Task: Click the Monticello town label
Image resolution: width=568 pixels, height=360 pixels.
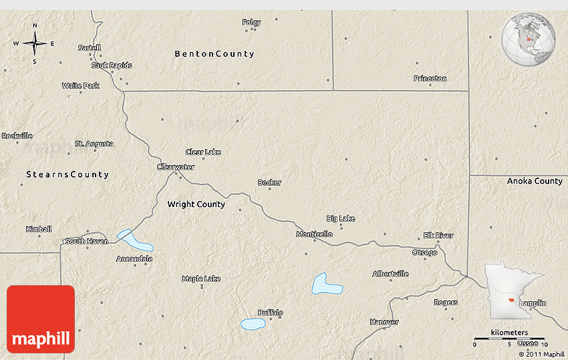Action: click(314, 234)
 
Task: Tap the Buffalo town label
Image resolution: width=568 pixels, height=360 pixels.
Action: click(271, 313)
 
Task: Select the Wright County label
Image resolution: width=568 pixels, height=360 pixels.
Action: click(196, 204)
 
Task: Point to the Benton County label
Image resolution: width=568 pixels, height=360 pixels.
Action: click(215, 53)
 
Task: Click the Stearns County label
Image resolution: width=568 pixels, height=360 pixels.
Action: click(67, 174)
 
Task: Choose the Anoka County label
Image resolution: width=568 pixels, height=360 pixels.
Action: click(535, 181)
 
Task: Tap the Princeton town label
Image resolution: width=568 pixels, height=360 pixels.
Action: click(430, 78)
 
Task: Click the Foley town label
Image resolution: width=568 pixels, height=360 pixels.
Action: click(251, 22)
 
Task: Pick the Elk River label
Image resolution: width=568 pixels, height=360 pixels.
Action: click(438, 235)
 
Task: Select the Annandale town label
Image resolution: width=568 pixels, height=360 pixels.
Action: click(134, 258)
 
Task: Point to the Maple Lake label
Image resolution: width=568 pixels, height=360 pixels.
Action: click(201, 279)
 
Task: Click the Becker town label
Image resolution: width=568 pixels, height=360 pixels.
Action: click(269, 182)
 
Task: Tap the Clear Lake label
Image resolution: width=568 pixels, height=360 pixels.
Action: click(203, 152)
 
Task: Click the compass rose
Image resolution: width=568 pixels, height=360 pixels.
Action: click(35, 43)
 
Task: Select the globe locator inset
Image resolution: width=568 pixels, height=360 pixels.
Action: click(529, 40)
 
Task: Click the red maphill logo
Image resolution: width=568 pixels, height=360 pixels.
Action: click(41, 319)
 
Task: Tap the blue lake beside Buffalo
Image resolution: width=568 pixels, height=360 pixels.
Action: click(253, 324)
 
